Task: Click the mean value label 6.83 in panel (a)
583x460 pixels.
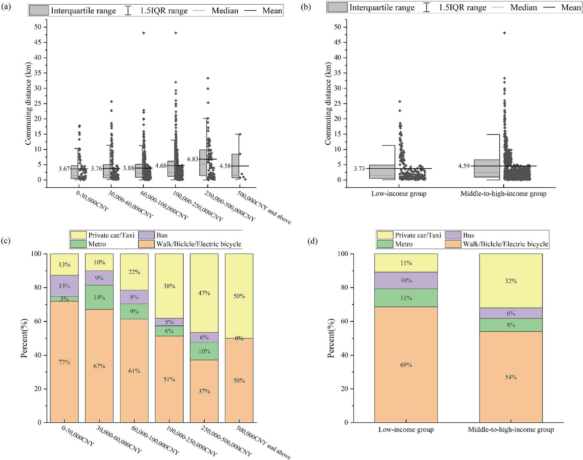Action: (x=193, y=159)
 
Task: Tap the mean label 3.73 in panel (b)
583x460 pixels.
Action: (x=359, y=169)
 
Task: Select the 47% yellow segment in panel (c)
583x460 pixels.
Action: (x=204, y=293)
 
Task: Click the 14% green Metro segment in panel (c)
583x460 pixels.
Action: (x=99, y=297)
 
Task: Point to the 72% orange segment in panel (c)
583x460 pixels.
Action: (x=64, y=362)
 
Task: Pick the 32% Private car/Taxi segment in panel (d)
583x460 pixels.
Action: (x=511, y=281)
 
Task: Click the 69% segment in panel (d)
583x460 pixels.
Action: (x=406, y=365)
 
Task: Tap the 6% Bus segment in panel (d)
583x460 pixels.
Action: (x=511, y=313)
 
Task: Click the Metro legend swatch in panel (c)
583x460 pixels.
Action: (x=78, y=244)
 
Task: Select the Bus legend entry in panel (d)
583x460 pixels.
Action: (x=468, y=235)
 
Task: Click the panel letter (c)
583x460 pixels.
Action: (x=5, y=241)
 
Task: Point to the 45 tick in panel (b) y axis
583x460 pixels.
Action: (x=337, y=42)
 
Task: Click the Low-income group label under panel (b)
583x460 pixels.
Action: (x=399, y=194)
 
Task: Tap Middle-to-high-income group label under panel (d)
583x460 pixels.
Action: (x=511, y=429)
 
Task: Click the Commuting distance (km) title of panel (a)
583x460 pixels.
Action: (x=28, y=103)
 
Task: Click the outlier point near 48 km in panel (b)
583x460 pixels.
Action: (x=504, y=33)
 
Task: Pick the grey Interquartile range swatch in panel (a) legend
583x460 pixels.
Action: (x=38, y=10)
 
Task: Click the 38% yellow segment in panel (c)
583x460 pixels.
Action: (x=169, y=286)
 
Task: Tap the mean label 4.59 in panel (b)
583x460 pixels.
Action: (x=464, y=166)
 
